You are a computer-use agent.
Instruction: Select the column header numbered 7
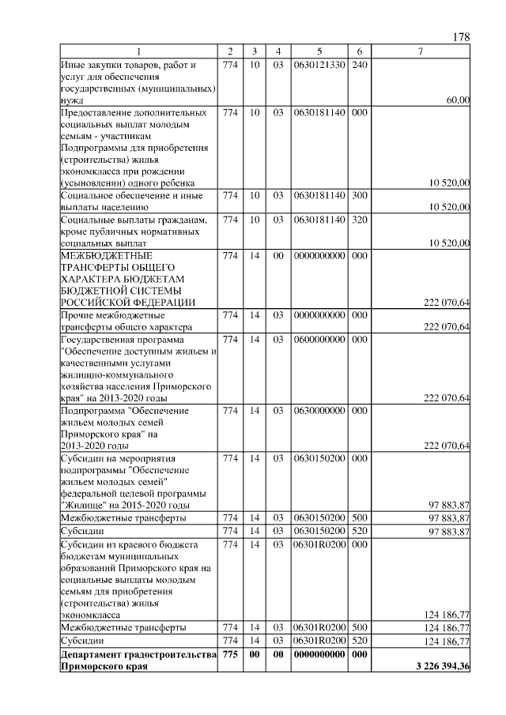[x=421, y=51]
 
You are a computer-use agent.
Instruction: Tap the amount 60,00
[x=459, y=100]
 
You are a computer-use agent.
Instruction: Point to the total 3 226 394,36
[x=443, y=668]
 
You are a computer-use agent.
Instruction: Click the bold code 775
[x=230, y=656]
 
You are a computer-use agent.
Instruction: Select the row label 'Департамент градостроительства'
[x=138, y=656]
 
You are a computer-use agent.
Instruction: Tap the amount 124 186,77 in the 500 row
[x=447, y=628]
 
